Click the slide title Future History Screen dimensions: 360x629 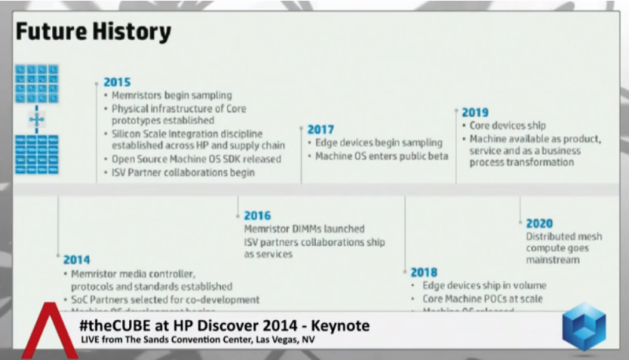93,31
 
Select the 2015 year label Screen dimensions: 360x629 117,82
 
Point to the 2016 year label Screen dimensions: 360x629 257,215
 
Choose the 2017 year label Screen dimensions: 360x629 321,129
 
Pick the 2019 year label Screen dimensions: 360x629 475,112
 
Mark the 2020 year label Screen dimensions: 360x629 539,223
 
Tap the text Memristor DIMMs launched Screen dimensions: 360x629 304,229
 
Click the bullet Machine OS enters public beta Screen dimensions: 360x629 381,156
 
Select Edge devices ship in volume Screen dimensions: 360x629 484,285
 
